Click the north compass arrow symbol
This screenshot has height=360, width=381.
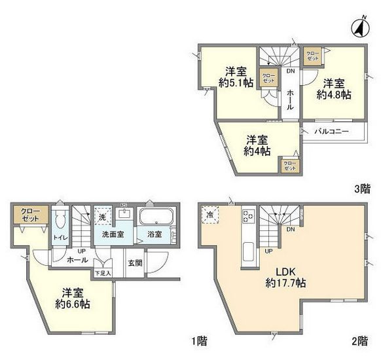tap(359, 27)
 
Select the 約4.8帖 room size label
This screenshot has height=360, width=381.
tap(333, 95)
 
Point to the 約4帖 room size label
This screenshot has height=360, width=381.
tap(257, 152)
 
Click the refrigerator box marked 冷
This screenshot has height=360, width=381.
tap(211, 215)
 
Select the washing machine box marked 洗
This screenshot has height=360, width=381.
tap(102, 215)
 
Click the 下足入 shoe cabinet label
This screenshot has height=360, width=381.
tap(103, 272)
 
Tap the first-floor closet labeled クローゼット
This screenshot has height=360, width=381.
tap(30, 216)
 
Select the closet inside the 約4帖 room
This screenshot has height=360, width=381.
tap(289, 165)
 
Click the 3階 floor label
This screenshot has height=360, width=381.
tap(362, 189)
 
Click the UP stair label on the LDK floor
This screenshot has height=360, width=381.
tap(268, 251)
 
